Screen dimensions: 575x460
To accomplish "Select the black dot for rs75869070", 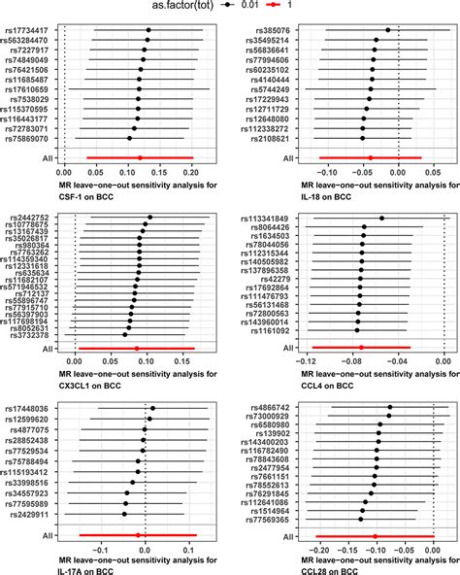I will (x=133, y=138).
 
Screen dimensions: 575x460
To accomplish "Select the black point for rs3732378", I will (x=125, y=335).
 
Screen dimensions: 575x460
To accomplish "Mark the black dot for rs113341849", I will (x=381, y=219).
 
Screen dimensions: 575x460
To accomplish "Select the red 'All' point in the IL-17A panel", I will (x=139, y=535).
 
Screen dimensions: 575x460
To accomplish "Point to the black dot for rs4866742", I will (x=390, y=408).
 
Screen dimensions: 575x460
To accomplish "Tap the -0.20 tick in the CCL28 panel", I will (x=317, y=550).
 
